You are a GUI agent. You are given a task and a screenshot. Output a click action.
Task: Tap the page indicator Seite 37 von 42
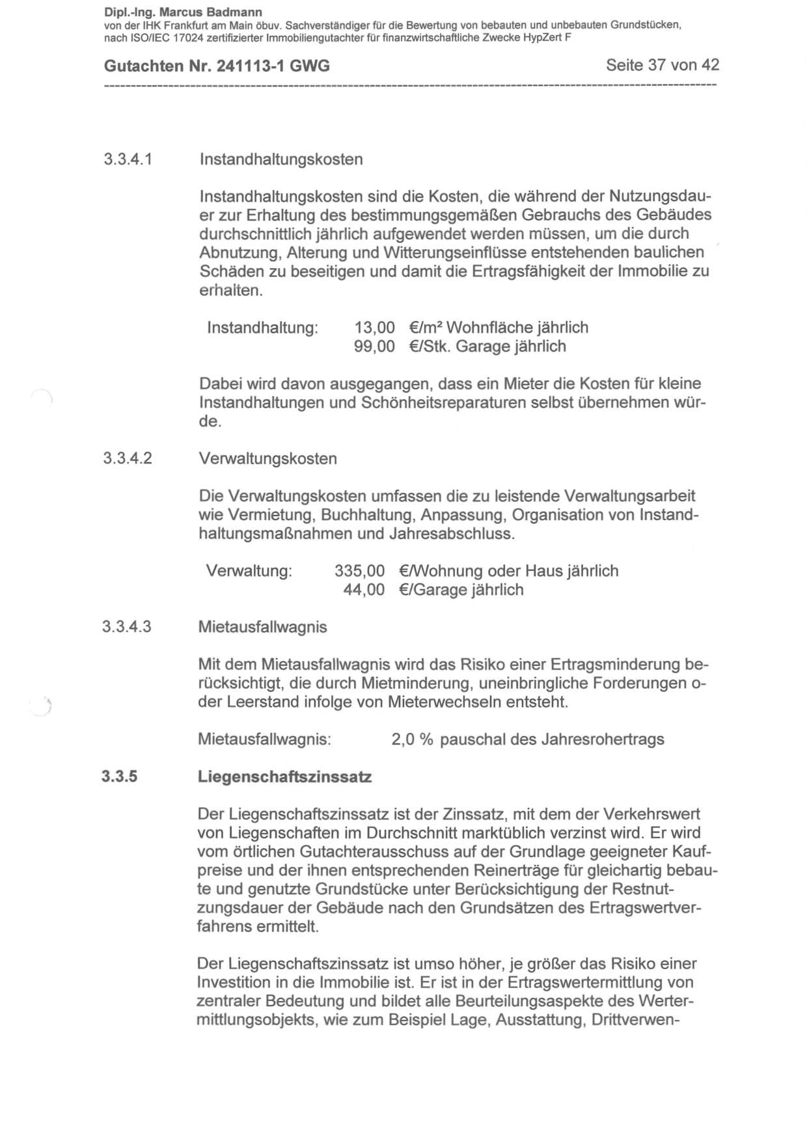click(x=662, y=65)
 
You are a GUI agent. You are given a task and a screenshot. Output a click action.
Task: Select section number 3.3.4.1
click(x=128, y=159)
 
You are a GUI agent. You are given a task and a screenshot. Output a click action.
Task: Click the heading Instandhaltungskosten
click(x=281, y=159)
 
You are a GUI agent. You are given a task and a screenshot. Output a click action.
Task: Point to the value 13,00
click(x=374, y=327)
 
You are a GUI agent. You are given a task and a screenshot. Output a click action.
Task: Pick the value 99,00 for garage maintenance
click(x=374, y=346)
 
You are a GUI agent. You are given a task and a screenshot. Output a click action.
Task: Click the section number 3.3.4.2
click(x=128, y=458)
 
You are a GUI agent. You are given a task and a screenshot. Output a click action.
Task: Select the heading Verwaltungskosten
click(x=268, y=458)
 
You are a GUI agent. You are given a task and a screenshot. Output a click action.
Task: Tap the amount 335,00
click(x=359, y=571)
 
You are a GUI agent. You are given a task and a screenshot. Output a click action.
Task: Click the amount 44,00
click(x=364, y=590)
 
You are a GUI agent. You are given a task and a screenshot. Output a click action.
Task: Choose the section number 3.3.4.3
click(x=127, y=627)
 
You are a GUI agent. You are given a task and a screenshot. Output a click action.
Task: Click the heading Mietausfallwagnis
click(x=262, y=627)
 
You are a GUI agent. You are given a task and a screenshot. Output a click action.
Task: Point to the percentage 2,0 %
click(x=412, y=739)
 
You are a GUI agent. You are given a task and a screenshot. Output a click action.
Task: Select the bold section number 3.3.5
click(x=120, y=777)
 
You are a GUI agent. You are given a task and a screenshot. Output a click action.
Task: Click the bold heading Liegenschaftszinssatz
click(x=284, y=777)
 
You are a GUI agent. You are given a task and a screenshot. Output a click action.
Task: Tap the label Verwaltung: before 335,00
click(x=249, y=571)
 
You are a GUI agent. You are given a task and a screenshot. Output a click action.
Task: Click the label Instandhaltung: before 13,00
click(x=262, y=327)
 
